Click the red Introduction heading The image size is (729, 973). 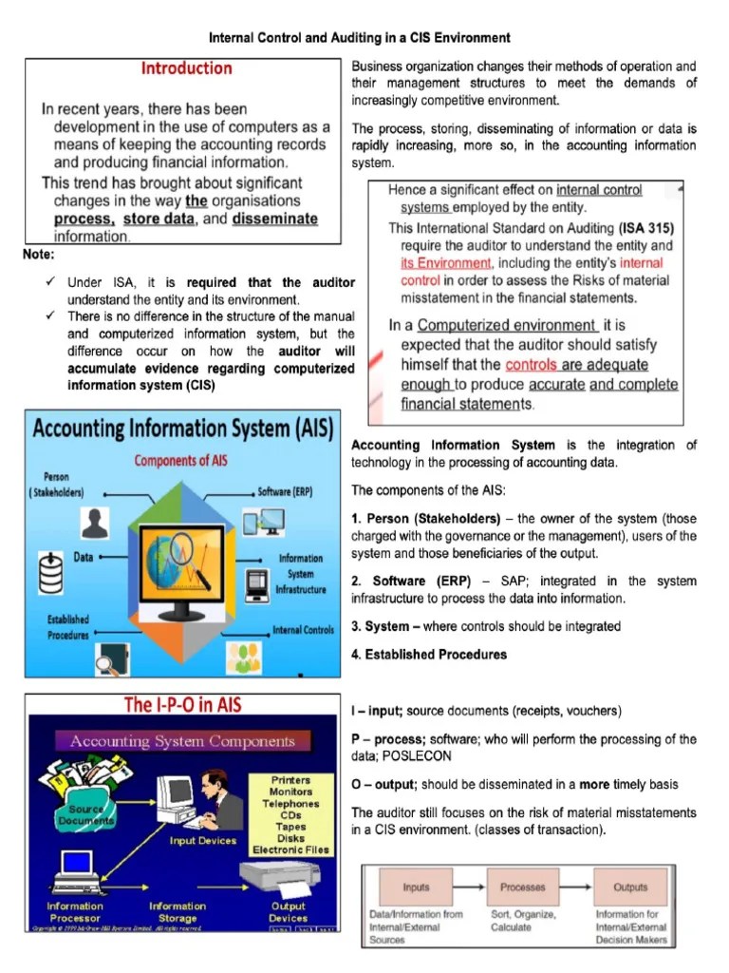click(x=186, y=68)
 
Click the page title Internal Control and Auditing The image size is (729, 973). click(x=359, y=38)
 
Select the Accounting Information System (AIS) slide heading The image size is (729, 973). click(x=182, y=429)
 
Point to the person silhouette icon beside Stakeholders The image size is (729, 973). click(x=93, y=523)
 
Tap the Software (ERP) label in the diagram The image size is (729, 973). click(x=284, y=492)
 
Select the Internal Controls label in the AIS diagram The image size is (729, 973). click(x=302, y=630)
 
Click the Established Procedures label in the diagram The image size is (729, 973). click(x=68, y=627)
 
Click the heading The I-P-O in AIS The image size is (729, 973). click(x=182, y=705)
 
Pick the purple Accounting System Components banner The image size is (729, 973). click(x=183, y=741)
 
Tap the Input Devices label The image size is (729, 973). click(x=202, y=841)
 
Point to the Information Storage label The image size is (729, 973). click(x=178, y=912)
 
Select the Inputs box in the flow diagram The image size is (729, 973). click(x=416, y=887)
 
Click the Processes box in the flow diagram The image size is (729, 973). click(x=522, y=887)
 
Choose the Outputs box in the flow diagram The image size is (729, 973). click(x=629, y=887)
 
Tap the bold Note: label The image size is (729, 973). click(x=38, y=255)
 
